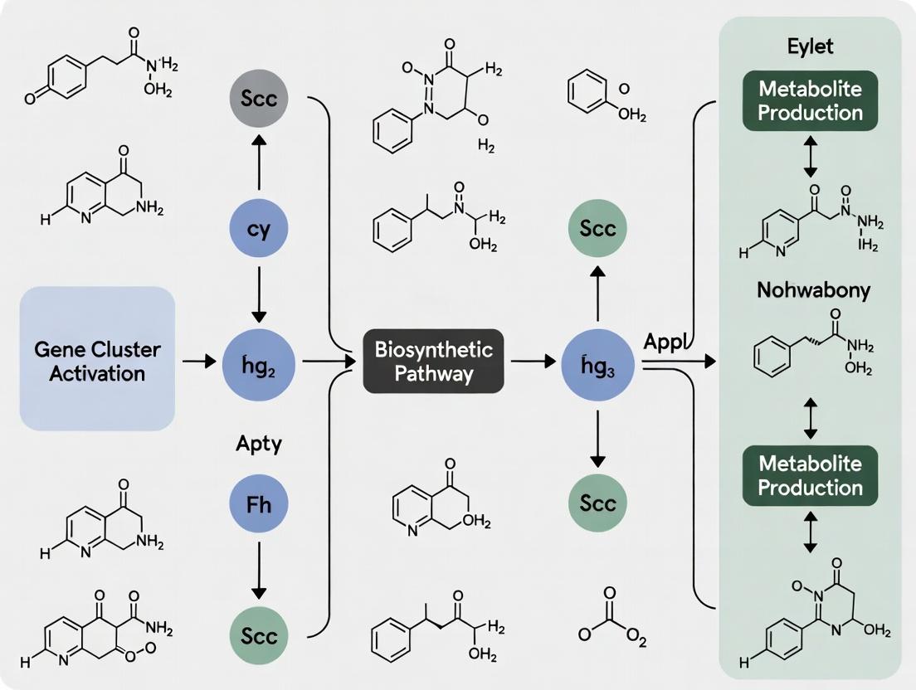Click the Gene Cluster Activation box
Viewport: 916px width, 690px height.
tap(97, 358)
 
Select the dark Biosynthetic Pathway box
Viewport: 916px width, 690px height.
tap(433, 362)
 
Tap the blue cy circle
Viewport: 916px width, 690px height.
tap(258, 230)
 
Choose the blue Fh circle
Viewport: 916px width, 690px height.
tap(258, 503)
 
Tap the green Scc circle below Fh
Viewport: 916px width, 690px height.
tap(258, 636)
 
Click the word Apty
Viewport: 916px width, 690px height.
tap(259, 444)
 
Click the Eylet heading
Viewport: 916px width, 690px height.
tap(810, 46)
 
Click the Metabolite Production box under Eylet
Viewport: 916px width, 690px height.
tap(810, 101)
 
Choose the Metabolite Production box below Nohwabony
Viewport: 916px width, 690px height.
tap(810, 475)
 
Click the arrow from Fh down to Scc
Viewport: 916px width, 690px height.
tap(258, 571)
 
